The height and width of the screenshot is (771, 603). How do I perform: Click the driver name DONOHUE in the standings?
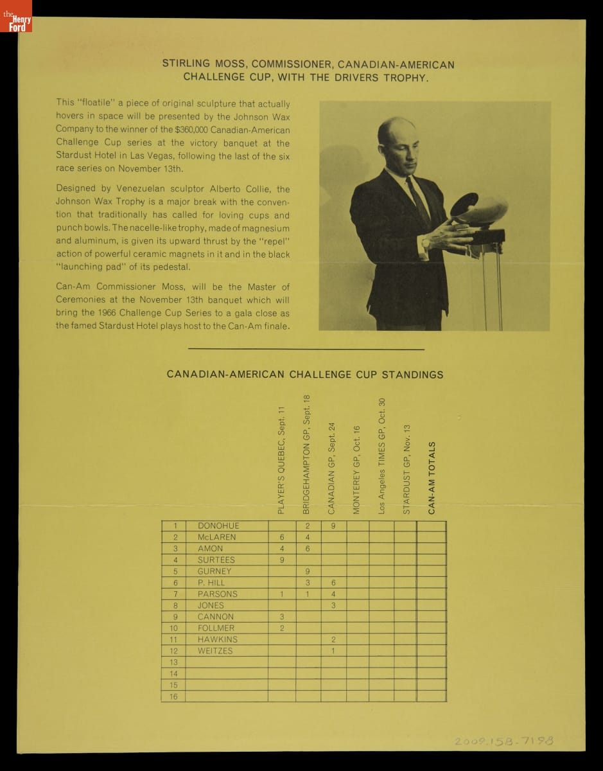[x=218, y=526]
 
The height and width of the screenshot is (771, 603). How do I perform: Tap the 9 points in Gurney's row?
[x=308, y=571]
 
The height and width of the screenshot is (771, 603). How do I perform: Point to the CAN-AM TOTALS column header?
[x=432, y=477]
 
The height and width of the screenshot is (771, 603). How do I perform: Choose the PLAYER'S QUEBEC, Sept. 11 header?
[x=281, y=460]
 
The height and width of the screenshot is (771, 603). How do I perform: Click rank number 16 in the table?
[x=173, y=696]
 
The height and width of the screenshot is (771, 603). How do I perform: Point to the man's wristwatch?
[x=425, y=244]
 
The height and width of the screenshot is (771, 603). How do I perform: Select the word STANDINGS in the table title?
[x=412, y=375]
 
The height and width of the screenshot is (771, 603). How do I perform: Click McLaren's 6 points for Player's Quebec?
[x=281, y=537]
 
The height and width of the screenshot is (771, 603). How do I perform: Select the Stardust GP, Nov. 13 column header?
[x=406, y=468]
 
